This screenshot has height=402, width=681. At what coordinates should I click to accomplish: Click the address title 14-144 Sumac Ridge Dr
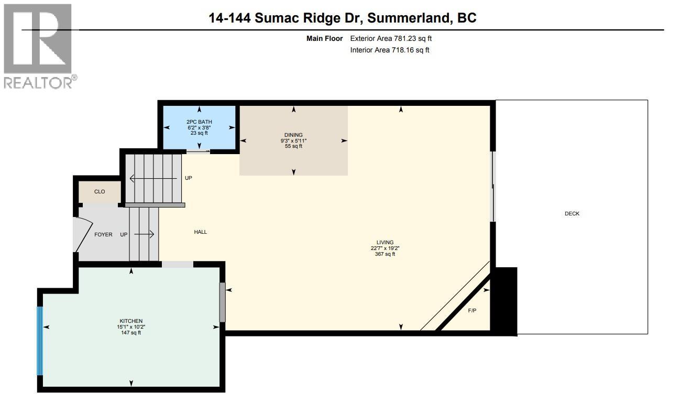343,18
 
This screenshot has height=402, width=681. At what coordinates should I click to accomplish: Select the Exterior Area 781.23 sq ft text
391,38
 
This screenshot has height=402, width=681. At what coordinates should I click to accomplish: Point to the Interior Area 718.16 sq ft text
390,50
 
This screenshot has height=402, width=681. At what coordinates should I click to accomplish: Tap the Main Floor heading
325,38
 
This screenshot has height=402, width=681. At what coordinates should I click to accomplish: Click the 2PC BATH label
199,122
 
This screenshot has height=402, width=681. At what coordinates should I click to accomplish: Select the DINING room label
293,135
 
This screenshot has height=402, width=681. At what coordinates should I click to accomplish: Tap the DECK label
572,214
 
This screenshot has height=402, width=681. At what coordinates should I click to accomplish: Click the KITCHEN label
131,321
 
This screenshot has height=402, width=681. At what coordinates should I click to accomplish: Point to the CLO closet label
100,192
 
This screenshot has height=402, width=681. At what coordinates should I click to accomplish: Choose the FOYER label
103,234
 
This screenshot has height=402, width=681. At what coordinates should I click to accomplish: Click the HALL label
201,232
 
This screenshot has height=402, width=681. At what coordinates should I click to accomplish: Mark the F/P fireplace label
472,311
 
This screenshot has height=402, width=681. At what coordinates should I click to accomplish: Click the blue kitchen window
39,341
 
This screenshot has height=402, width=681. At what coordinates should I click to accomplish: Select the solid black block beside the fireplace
506,301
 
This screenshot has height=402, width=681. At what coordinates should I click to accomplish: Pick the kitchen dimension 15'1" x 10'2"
131,327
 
